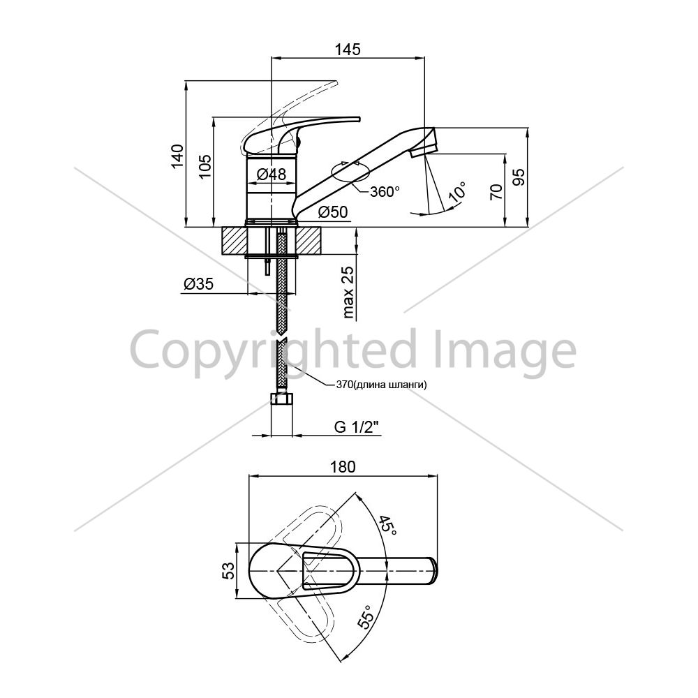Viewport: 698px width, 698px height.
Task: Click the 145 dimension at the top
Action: point(348,50)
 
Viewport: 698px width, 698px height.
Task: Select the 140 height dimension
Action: point(177,156)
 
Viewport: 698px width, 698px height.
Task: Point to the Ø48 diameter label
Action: point(272,174)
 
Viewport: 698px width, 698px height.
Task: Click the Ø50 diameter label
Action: point(333,212)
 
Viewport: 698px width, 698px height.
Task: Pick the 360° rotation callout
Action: point(385,191)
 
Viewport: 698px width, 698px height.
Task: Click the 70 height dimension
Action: point(496,191)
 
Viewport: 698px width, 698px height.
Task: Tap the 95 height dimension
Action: point(519,177)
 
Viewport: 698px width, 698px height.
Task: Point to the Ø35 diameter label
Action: point(198,283)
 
